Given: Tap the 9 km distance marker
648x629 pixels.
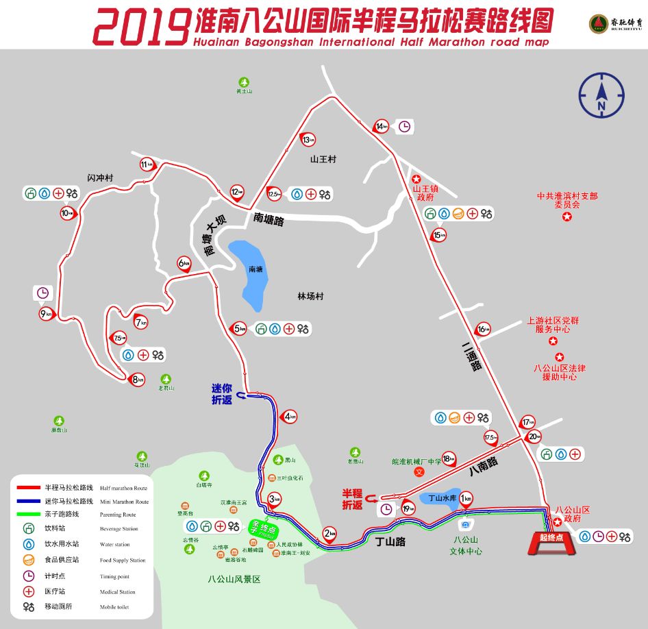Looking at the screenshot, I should (46, 314).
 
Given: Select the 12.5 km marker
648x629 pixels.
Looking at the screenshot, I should (274, 194).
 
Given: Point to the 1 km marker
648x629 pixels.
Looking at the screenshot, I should (466, 499).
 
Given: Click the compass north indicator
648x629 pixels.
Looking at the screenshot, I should (601, 96).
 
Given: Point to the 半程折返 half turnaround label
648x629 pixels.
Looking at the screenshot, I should (353, 499).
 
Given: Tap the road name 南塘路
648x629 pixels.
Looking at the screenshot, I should (269, 219).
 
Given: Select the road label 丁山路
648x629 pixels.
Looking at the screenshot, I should (390, 541).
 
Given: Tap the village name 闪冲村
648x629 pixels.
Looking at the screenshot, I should (100, 178).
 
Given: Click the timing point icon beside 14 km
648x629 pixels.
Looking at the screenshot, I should (405, 126).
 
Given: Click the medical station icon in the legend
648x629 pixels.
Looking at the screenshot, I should (29, 591).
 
